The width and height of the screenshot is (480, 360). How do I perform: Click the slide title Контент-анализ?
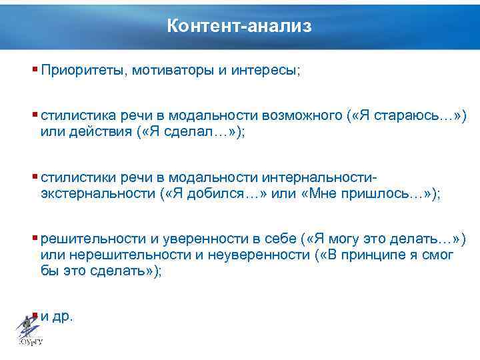[239, 26]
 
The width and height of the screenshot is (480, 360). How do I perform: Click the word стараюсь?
[405, 116]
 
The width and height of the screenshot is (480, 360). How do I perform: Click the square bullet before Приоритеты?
[35, 69]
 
